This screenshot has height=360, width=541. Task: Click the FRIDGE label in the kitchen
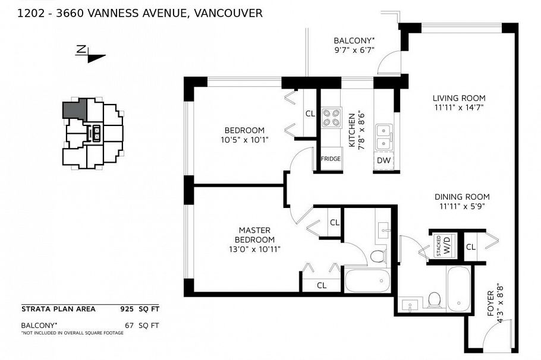331,159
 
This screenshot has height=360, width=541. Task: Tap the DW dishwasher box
383,160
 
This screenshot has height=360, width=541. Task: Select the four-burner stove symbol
331,118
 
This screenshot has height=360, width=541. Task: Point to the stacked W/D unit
444,245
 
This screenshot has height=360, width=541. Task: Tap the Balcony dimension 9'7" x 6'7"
354,51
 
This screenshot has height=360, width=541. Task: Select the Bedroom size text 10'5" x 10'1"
244,141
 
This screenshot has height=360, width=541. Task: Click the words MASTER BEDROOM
254,235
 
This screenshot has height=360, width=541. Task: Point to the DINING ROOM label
461,197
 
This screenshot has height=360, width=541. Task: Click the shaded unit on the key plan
75,109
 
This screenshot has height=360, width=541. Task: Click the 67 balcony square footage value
129,325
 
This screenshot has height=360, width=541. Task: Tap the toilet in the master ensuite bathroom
377,257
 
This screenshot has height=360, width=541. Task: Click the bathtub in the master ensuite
366,280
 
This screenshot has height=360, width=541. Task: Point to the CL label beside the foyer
470,247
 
